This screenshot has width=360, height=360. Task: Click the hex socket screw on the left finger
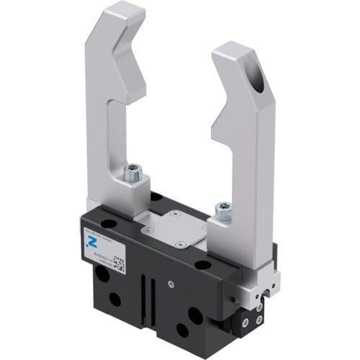[132, 173]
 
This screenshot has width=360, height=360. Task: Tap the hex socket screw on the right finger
[224, 210]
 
